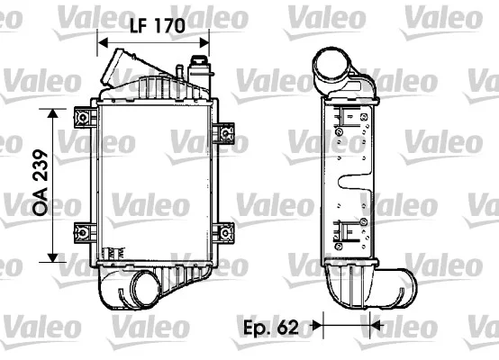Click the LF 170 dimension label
click(x=158, y=25)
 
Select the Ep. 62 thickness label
click(x=271, y=327)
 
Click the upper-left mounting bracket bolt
click(x=84, y=118)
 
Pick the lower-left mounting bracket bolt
click(x=84, y=233)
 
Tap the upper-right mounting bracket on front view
click(x=223, y=133)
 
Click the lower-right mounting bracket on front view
click(x=223, y=233)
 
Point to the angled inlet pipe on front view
click(x=119, y=67)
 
